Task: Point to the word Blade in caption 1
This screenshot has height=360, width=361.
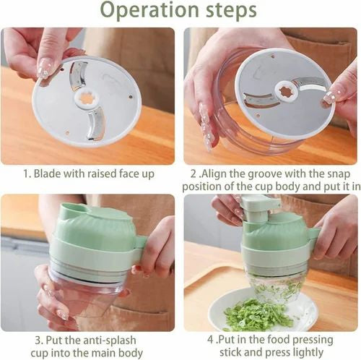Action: tap(48, 174)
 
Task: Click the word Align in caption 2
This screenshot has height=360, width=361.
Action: tap(217, 174)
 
